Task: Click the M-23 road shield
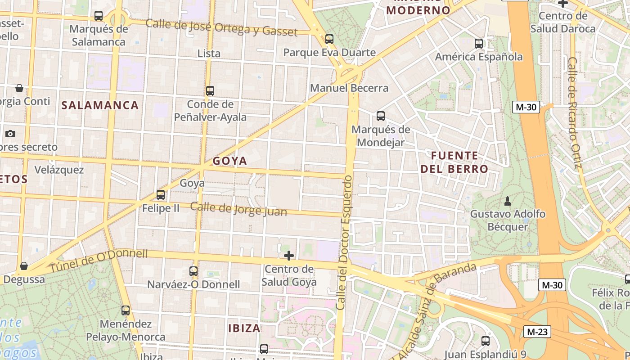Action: (x=537, y=332)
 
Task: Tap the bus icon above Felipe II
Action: (x=161, y=195)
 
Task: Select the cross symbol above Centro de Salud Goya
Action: (x=289, y=256)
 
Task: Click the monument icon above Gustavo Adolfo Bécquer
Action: (x=508, y=200)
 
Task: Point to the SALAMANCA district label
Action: (x=100, y=105)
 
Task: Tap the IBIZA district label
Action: (x=244, y=328)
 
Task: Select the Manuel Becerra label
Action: (x=349, y=88)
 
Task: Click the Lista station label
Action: (x=209, y=54)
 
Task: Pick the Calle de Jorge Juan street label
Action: (x=238, y=209)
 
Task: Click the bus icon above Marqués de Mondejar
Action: (x=381, y=116)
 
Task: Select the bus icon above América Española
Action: (x=479, y=44)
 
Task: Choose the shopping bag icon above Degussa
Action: (x=24, y=266)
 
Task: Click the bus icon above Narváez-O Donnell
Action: (x=193, y=271)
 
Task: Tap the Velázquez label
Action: (x=59, y=170)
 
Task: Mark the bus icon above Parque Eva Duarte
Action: (x=329, y=39)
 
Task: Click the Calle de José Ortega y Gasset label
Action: (x=221, y=28)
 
